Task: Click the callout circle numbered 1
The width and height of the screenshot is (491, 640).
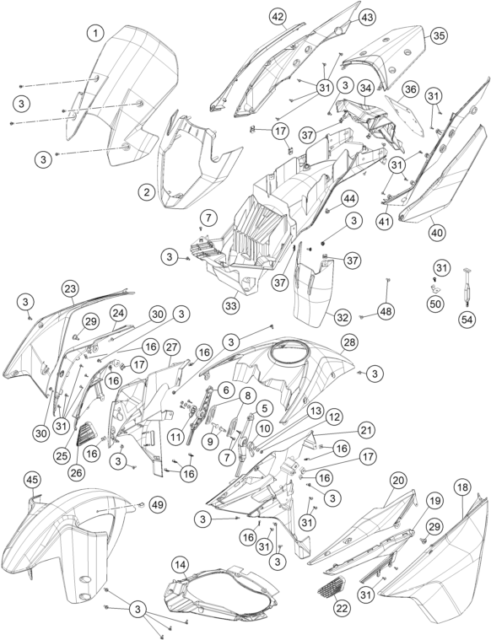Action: pos(96,33)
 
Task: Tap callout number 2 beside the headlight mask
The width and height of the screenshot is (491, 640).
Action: pos(147,191)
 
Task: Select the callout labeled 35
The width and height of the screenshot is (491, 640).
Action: pos(439,35)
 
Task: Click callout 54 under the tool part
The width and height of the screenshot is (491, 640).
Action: pos(467,320)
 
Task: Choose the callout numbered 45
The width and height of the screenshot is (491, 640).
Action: pos(33,480)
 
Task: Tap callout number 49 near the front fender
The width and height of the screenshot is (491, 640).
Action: pos(158,505)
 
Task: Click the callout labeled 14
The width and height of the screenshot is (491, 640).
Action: pos(181,564)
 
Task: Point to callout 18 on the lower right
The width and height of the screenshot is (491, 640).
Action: pos(464,487)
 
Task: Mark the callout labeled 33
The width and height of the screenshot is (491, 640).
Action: pos(232,306)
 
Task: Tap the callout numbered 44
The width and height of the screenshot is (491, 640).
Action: pos(350,199)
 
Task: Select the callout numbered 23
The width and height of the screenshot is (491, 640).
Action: pos(70,289)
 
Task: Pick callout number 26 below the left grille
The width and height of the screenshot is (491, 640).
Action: pos(78,472)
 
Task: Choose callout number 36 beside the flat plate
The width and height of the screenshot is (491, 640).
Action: pos(411,89)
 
